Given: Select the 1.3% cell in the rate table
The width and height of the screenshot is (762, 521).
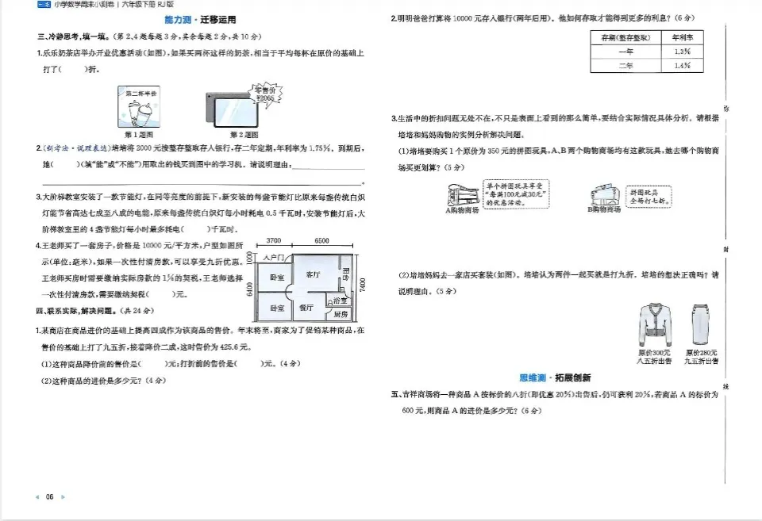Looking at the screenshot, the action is (x=680, y=52).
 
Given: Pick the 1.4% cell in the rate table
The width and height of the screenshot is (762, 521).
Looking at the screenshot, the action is (x=680, y=66).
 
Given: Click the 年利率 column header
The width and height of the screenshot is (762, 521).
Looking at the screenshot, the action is (x=680, y=37).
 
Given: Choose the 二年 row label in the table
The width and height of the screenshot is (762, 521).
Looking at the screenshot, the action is (x=625, y=66).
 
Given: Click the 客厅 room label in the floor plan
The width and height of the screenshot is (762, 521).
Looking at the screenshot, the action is (x=313, y=274).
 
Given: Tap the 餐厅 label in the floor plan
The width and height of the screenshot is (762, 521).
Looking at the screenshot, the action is (x=305, y=307).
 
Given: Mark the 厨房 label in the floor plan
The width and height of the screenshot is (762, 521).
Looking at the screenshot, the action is (x=341, y=313).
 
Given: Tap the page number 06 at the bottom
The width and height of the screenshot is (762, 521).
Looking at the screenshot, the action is (x=49, y=496).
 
